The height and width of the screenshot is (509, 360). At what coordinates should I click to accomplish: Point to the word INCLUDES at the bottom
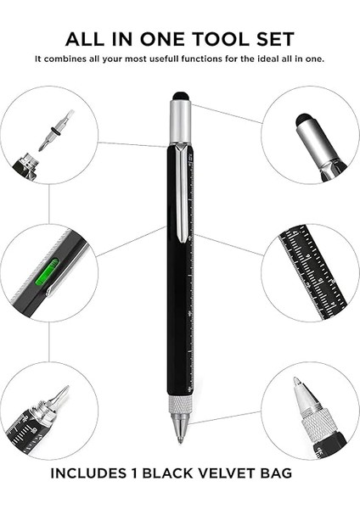coord(93,473)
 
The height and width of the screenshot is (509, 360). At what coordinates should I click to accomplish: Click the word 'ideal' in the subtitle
coord(262,59)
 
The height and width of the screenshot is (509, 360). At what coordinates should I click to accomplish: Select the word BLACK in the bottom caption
coord(163,473)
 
